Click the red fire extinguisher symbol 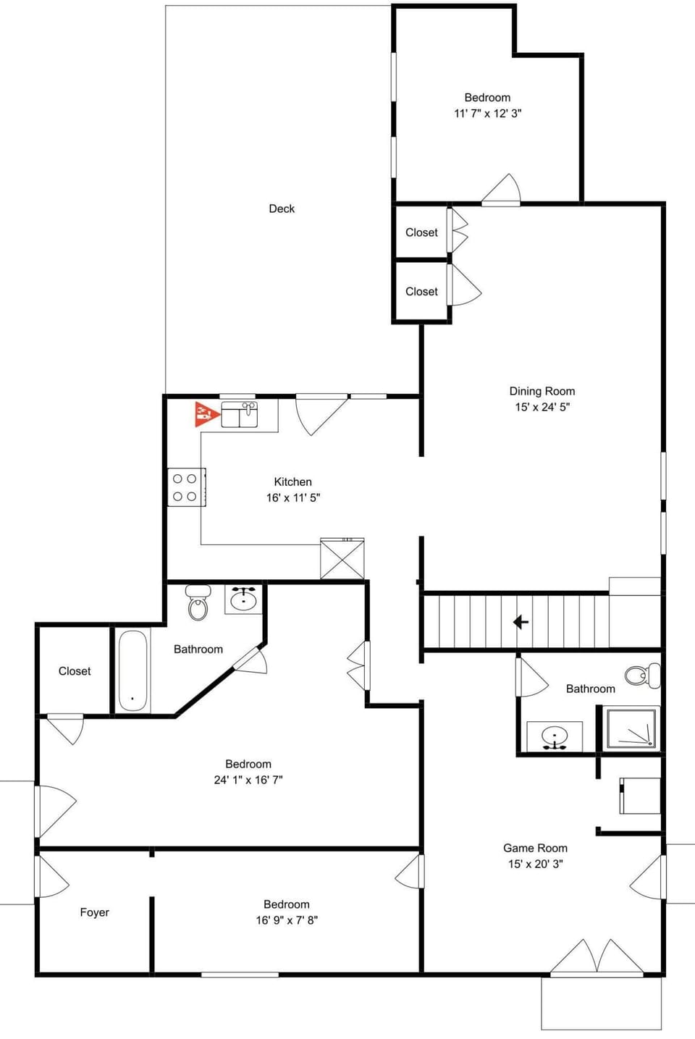pos(206,413)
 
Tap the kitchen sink pos(240,414)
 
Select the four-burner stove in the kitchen pos(187,487)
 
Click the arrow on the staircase pos(521,621)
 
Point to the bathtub pos(132,670)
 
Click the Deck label pos(282,209)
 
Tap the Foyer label pos(95,912)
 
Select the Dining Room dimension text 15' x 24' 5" pos(542,407)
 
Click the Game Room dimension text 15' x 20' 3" pos(536,864)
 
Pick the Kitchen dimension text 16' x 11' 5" pos(293,497)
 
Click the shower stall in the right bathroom pos(631,728)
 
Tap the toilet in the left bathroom pos(198,602)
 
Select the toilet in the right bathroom pos(643,676)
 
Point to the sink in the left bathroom pos(243,600)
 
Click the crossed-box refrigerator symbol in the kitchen pos(342,558)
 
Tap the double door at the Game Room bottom pos(597,956)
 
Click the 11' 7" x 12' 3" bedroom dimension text pos(488,113)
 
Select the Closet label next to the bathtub pos(74,670)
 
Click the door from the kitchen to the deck pos(321,413)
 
